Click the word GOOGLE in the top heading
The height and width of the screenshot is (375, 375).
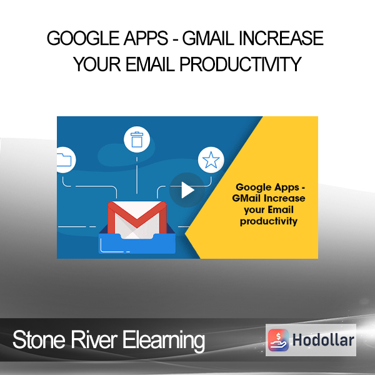(x=83, y=38)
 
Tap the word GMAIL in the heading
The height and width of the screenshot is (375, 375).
(x=208, y=38)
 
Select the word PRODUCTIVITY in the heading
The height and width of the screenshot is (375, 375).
(x=241, y=64)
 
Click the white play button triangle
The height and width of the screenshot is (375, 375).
(x=187, y=190)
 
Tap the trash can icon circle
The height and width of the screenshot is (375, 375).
(x=137, y=139)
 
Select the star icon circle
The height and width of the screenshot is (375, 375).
(x=211, y=160)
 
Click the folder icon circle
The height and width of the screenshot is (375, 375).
(x=65, y=160)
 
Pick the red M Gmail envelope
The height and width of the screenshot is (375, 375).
(x=137, y=219)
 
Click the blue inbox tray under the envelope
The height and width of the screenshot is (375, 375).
(x=137, y=244)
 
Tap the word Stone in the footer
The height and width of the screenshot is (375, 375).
(x=39, y=340)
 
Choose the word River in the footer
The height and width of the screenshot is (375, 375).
(x=94, y=340)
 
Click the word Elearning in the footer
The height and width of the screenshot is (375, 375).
(x=164, y=341)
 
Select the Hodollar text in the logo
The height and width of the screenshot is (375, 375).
(x=323, y=340)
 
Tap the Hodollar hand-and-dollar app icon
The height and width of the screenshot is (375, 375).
(x=278, y=340)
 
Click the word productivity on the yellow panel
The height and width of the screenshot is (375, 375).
(x=269, y=221)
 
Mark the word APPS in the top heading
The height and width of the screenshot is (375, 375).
(x=146, y=38)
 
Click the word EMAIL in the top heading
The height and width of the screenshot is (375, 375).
(x=150, y=64)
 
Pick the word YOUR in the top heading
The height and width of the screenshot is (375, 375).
(x=97, y=64)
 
